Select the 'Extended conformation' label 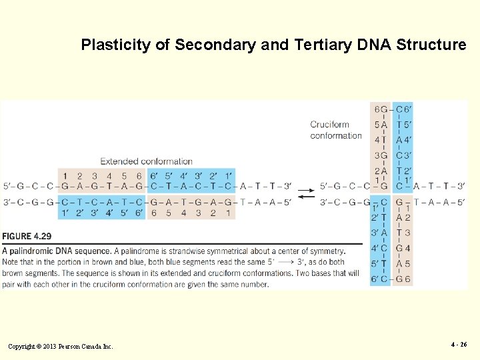[x=146, y=161]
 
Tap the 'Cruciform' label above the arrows [x=329, y=125]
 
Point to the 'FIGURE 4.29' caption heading [x=27, y=237]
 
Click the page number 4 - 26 [x=458, y=345]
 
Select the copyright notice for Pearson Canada [x=61, y=346]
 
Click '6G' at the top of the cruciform [x=381, y=109]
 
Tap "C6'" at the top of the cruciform [x=403, y=109]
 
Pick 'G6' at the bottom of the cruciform [x=403, y=279]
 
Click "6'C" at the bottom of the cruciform [x=380, y=279]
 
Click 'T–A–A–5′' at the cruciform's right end [x=439, y=202]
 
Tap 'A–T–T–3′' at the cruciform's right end [x=439, y=186]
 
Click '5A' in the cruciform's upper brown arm [x=381, y=125]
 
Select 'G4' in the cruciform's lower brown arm [x=403, y=248]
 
